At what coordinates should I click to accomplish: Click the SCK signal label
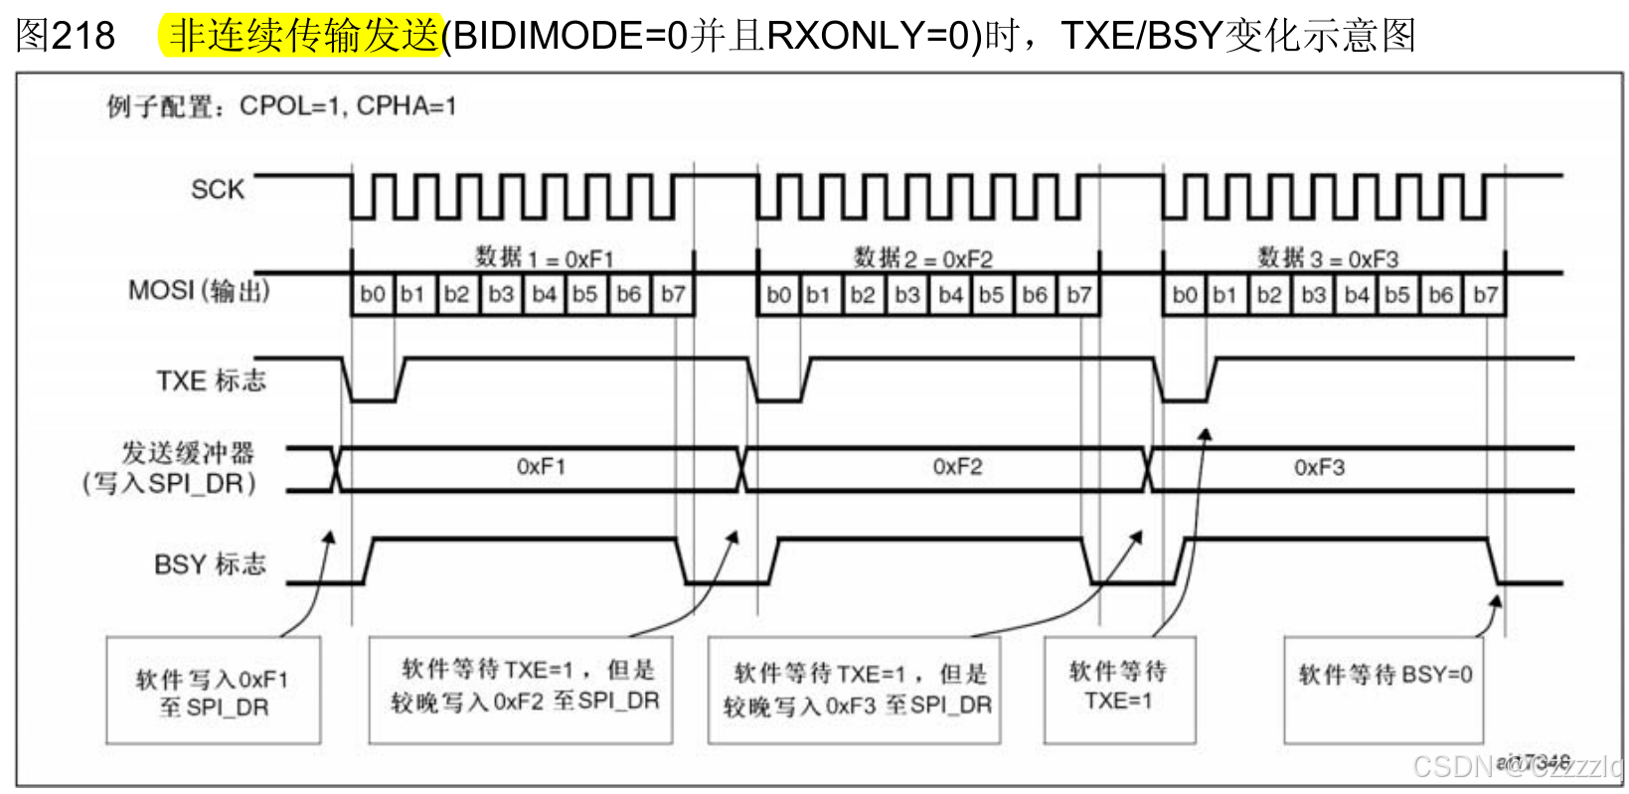[217, 189]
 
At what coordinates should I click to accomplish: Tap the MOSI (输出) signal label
[199, 291]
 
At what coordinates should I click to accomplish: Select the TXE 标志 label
[211, 381]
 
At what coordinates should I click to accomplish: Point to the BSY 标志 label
[210, 564]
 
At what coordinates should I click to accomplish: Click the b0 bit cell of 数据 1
[373, 294]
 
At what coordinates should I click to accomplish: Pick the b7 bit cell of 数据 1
[674, 294]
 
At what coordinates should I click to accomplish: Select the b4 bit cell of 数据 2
[950, 294]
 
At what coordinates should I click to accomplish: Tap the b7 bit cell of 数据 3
[1485, 294]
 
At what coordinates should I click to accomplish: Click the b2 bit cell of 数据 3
[1268, 294]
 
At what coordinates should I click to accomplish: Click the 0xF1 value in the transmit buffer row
[541, 467]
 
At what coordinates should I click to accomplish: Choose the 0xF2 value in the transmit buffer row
[957, 467]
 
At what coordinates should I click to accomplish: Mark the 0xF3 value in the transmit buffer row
[1319, 467]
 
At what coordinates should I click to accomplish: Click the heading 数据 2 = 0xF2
[923, 259]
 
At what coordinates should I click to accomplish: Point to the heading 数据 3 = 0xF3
[1328, 259]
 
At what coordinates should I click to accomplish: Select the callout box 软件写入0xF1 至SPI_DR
[213, 692]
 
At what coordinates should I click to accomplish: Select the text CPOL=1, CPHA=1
[348, 106]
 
